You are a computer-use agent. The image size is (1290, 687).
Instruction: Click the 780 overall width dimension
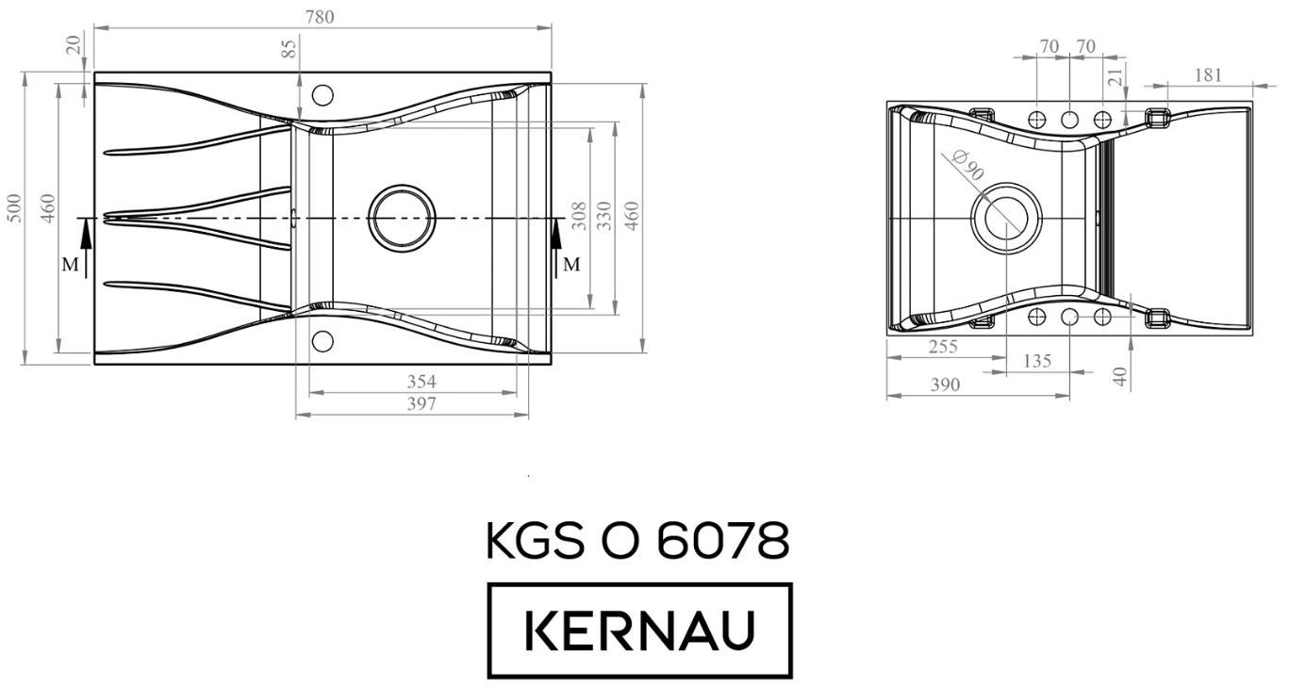coord(320,16)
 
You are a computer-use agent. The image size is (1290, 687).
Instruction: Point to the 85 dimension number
coord(290,48)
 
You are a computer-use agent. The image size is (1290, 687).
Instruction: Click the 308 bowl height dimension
coord(579,215)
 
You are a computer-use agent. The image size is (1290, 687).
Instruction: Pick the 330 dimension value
coord(604,215)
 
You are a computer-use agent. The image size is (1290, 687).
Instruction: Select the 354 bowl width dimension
coord(421,382)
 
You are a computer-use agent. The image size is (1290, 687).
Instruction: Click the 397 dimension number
coord(421,404)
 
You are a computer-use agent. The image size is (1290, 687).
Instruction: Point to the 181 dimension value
coord(1207,74)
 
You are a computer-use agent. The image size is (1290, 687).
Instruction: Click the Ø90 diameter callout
coord(968,167)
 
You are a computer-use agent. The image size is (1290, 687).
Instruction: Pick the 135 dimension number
coord(1037,362)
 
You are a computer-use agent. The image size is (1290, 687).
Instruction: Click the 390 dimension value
coord(945,384)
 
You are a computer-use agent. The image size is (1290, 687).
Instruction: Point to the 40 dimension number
coord(1119,376)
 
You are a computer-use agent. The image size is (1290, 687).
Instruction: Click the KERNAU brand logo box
coord(639,630)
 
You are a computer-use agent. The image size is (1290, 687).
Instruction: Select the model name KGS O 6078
coord(638,543)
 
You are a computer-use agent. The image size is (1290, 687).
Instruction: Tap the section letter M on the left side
coord(70,265)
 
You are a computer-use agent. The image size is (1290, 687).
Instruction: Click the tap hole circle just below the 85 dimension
coord(322,95)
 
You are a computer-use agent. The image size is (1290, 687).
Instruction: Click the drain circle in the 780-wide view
coord(402,218)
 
